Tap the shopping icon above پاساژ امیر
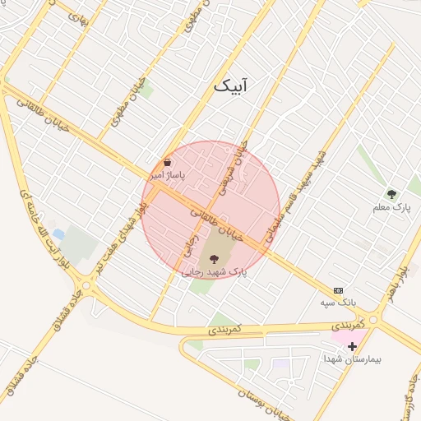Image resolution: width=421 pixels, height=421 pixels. point(168,162)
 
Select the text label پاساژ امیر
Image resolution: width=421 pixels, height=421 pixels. point(167,175)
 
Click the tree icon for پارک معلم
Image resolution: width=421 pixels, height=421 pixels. point(391,194)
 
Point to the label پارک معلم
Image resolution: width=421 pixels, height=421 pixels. point(391,208)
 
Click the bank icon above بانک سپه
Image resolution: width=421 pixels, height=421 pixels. point(338,290)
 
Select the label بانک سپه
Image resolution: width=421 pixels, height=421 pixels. point(339,303)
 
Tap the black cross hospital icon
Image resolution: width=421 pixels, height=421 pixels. point(353,346)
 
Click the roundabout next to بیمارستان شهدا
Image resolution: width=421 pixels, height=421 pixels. point(374,320)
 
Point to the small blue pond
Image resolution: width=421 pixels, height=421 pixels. point(54,224)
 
